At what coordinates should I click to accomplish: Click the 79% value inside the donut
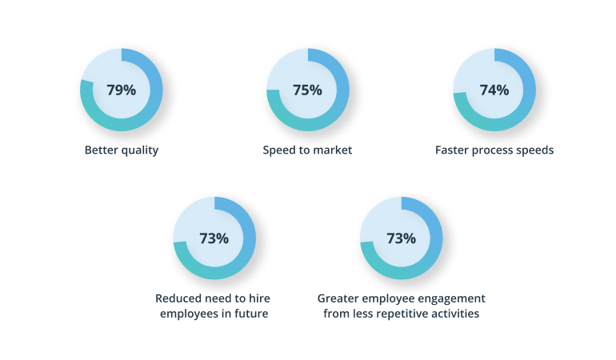click(x=122, y=90)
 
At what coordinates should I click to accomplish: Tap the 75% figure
click(x=308, y=90)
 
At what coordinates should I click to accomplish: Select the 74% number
click(x=494, y=90)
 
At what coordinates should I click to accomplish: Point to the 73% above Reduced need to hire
click(x=214, y=238)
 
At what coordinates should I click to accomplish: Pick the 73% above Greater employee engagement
click(x=402, y=238)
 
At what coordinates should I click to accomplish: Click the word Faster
click(x=454, y=150)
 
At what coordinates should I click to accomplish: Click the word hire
click(x=262, y=298)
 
